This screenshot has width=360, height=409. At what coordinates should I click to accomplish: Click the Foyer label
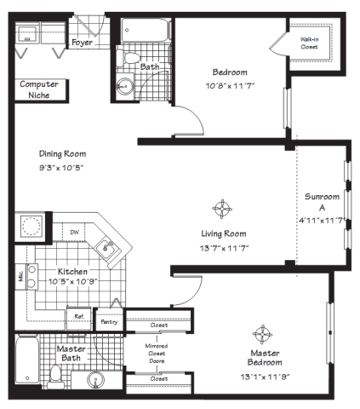tap(82, 43)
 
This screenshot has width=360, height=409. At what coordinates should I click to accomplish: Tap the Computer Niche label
tap(39, 89)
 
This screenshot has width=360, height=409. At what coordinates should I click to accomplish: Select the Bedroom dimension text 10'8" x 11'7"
tap(230, 86)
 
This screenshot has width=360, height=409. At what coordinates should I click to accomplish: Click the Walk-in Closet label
tap(309, 43)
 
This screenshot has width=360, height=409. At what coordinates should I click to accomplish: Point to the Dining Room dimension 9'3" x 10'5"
tap(61, 168)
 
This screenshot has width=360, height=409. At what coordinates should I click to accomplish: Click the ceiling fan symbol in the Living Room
tap(222, 209)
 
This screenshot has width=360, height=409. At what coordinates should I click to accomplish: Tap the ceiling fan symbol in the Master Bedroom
tap(262, 334)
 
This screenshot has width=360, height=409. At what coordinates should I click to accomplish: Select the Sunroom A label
tap(322, 202)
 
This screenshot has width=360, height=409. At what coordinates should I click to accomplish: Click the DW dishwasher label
tap(74, 233)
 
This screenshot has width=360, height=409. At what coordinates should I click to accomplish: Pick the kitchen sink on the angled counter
tap(106, 248)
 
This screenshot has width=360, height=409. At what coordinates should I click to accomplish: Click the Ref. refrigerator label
tap(79, 316)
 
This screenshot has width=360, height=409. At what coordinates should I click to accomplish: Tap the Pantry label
tap(109, 322)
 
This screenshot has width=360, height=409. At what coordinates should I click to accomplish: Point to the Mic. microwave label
tap(20, 275)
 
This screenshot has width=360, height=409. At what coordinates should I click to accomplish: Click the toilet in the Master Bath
tap(55, 377)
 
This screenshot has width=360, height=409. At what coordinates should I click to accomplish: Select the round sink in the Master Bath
tap(96, 379)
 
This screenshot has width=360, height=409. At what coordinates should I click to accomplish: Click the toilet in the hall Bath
tap(129, 58)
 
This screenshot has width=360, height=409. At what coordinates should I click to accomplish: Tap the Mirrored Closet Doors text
tap(157, 354)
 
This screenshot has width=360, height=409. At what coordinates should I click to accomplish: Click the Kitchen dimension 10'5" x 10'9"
tap(73, 281)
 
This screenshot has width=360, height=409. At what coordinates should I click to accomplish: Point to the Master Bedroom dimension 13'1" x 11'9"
tap(265, 377)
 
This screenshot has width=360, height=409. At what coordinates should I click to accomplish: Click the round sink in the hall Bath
tap(125, 84)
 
